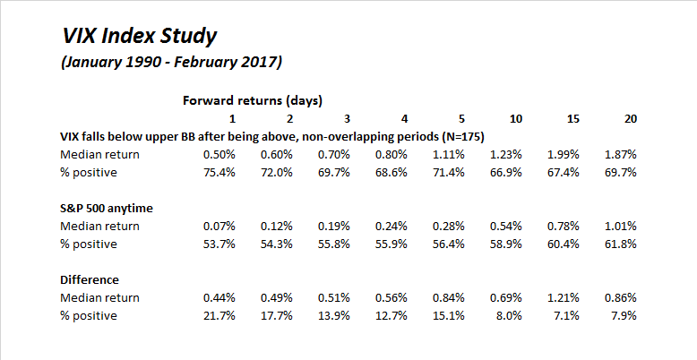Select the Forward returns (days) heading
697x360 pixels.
tap(253, 99)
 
